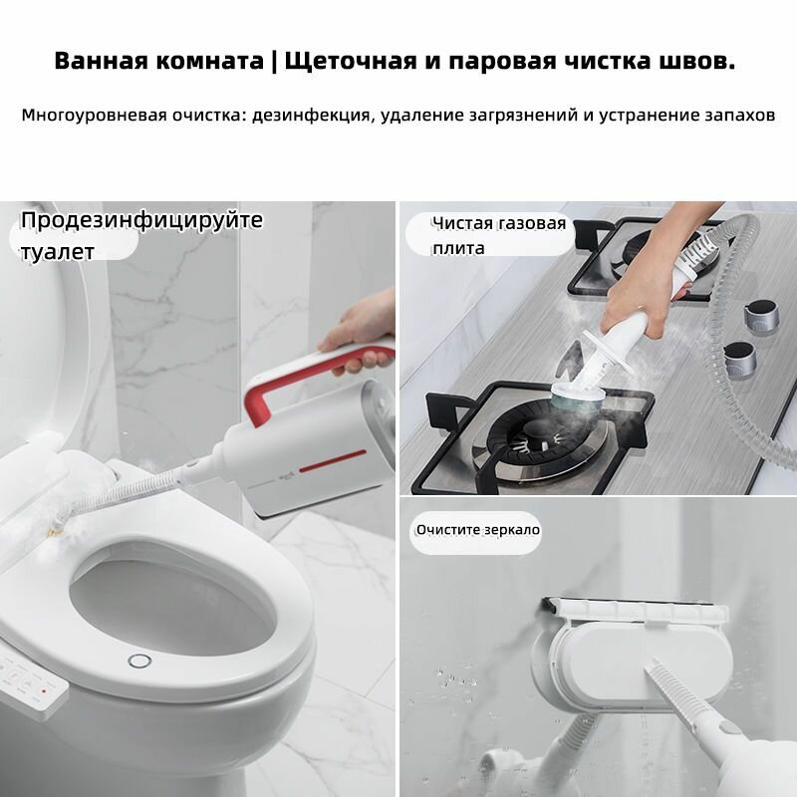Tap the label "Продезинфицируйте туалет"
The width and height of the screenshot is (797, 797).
point(139,235)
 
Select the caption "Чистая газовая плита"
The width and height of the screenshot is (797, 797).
point(498,235)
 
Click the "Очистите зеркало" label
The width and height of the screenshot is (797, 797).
point(477,529)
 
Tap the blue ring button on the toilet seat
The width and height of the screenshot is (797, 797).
point(137,661)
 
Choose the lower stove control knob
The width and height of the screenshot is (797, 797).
point(738,355)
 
